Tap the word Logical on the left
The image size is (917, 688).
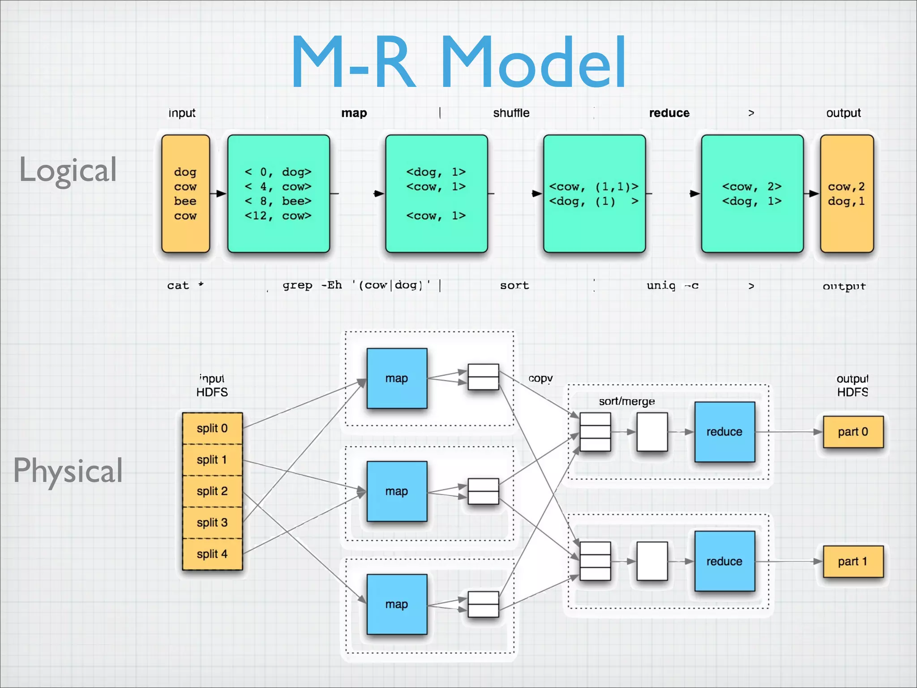[x=68, y=170]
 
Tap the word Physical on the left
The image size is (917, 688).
[x=68, y=470]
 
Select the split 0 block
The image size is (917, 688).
[x=212, y=428]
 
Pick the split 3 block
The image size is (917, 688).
[x=212, y=523]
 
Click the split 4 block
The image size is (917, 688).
[x=212, y=554]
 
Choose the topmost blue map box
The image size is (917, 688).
[x=397, y=378]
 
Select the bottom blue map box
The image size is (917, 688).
[x=397, y=604]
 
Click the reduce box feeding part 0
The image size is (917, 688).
[x=724, y=432]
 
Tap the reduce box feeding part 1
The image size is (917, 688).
[x=724, y=561]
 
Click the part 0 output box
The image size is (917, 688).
[x=853, y=432]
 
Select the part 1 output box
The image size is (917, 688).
[x=853, y=561]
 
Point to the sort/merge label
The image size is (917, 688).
[x=627, y=401]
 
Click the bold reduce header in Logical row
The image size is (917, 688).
[x=669, y=113]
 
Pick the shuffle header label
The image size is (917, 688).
[x=511, y=113]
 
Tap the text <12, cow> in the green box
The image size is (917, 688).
[x=278, y=216]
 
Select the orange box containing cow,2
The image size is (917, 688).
[x=847, y=193]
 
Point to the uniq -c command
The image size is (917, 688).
[x=672, y=285]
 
